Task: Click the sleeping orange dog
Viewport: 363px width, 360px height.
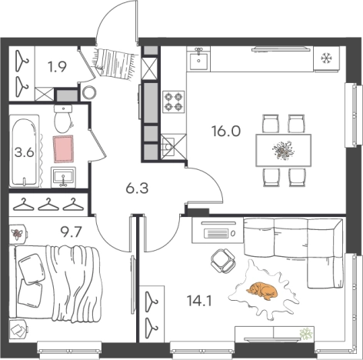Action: tap(262, 291)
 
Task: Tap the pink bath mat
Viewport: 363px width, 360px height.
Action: tap(63, 148)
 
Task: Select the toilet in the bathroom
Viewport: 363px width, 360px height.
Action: tap(63, 118)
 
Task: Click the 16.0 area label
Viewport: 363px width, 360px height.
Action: tap(226, 132)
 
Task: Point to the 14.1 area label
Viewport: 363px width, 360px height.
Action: tap(199, 301)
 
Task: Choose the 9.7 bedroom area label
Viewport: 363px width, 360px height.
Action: tap(71, 232)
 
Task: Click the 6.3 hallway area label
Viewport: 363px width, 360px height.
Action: tap(137, 188)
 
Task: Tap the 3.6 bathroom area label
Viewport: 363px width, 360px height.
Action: tap(25, 153)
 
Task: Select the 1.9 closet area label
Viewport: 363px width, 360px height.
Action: tap(57, 67)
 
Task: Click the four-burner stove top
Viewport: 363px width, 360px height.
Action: tap(174, 102)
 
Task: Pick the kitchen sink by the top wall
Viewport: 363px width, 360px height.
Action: tap(198, 58)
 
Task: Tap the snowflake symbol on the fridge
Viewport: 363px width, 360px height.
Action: tap(327, 58)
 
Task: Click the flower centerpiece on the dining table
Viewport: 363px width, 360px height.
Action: tap(283, 150)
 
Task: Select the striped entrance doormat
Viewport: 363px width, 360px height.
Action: tap(115, 64)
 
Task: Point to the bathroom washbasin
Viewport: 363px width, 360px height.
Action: tap(63, 177)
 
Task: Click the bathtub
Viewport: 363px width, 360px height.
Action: tap(25, 151)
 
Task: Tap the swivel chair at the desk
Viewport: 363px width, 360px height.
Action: tap(222, 261)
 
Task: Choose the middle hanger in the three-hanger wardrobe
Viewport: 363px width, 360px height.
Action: tap(48, 205)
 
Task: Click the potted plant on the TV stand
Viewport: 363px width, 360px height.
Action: tap(307, 334)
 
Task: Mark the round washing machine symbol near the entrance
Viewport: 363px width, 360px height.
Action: tap(89, 92)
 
